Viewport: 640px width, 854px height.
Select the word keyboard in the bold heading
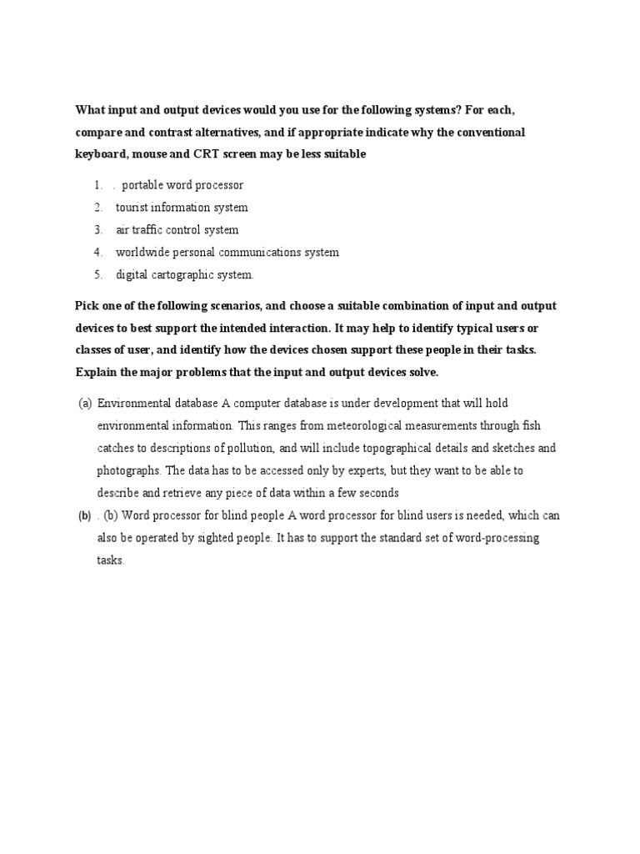[101, 154]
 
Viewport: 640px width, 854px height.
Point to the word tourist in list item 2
[134, 208]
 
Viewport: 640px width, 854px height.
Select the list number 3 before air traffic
[97, 230]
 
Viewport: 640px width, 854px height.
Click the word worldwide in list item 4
[143, 252]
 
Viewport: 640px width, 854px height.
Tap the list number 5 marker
[97, 274]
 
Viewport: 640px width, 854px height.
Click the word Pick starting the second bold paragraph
[87, 305]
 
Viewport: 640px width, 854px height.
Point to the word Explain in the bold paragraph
[97, 372]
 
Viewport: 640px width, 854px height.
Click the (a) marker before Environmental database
[85, 404]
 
